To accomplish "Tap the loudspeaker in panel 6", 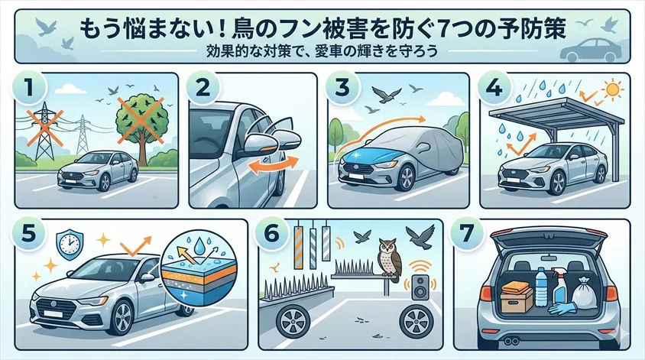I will (x=419, y=287).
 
